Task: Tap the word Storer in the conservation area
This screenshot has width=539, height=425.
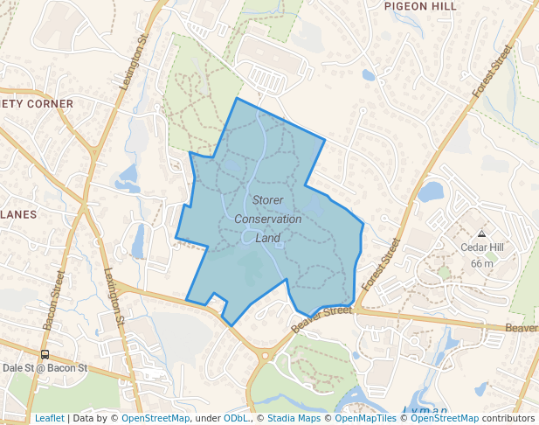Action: (267, 200)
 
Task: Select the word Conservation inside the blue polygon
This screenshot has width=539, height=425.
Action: (267, 219)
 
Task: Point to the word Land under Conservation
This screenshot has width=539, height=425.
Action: (267, 237)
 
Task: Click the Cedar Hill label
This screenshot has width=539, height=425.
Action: (482, 247)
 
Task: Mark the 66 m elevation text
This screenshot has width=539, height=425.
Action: (482, 263)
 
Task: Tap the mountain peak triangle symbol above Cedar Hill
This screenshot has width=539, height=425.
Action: (481, 233)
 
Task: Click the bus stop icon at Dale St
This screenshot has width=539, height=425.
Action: (45, 355)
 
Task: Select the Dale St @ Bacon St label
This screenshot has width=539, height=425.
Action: (45, 368)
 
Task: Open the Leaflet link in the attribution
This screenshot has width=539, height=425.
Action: (49, 418)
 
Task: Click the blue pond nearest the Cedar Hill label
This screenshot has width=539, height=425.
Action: (431, 192)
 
